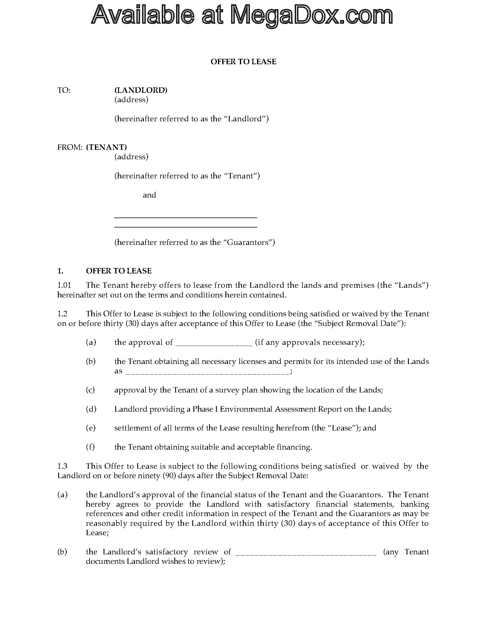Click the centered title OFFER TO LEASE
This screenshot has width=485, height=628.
point(243,62)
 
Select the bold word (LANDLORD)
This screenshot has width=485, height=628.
point(141,90)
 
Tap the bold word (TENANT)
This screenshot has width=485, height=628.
point(106,147)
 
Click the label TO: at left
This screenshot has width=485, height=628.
point(64,90)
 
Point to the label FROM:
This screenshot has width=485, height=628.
point(70,147)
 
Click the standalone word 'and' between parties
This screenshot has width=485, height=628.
point(149,195)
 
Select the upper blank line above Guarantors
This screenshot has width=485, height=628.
point(186,218)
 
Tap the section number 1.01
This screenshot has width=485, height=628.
point(64,285)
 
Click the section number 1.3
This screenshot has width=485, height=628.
point(62,466)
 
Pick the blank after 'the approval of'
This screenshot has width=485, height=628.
point(214,343)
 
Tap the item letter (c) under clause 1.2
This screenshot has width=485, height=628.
point(90,390)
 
